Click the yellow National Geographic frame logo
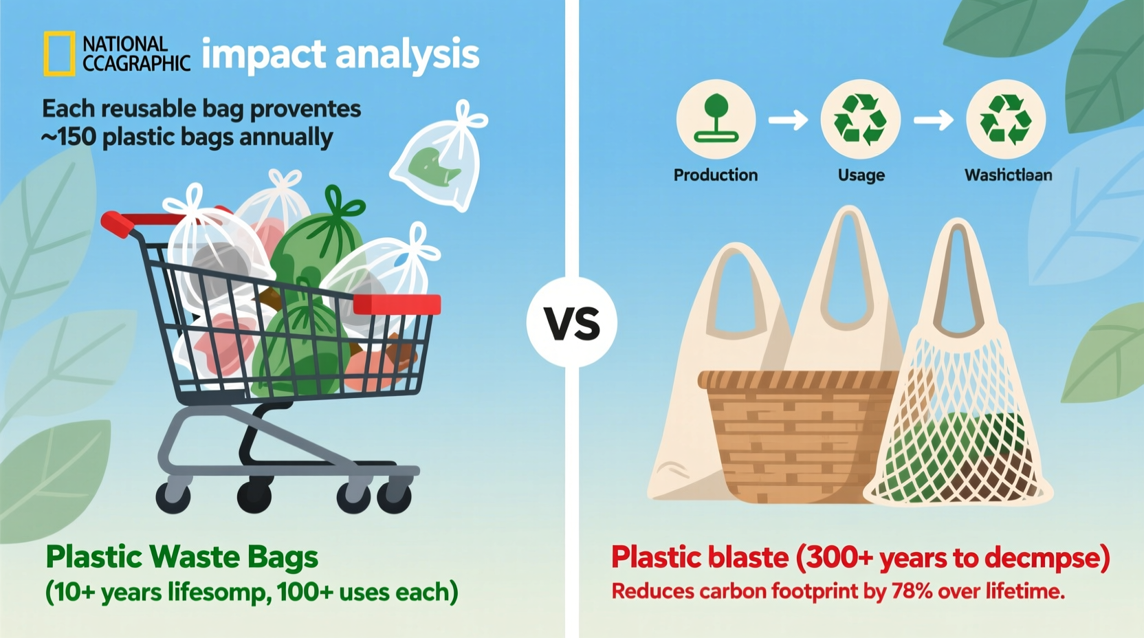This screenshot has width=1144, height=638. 59,54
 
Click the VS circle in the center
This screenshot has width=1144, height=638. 572,322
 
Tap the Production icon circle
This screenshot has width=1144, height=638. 716,119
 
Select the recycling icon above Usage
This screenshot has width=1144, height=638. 860,119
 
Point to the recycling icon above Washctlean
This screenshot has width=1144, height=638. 1006,119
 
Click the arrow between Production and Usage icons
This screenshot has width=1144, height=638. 788,120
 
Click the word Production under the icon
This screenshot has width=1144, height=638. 715,175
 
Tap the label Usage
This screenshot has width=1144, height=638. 861,175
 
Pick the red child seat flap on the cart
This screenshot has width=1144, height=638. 397,305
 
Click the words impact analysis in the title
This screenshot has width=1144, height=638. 340,54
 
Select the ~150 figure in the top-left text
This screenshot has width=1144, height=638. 69,137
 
